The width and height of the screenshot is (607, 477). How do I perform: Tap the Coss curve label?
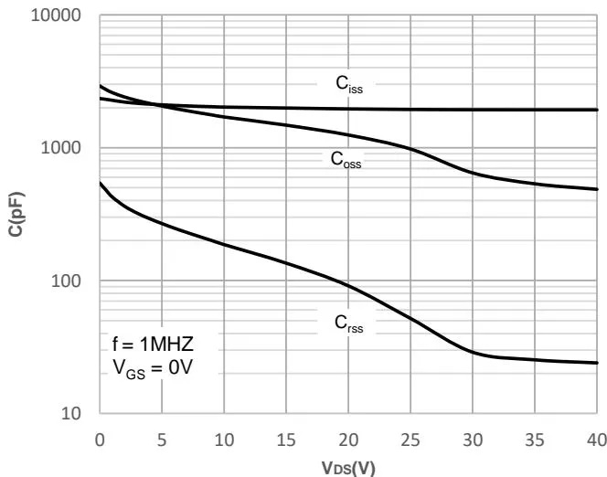(346, 158)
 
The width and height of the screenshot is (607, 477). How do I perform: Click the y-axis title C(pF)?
(16, 214)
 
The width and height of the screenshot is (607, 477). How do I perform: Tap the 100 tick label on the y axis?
(69, 281)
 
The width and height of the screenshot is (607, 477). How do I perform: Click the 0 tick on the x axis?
(100, 438)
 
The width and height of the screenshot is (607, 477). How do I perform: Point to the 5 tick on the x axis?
(162, 438)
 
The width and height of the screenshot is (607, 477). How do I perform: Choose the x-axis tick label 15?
(286, 438)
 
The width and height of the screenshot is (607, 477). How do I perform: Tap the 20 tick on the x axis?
(348, 438)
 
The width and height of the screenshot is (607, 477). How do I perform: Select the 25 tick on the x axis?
(410, 438)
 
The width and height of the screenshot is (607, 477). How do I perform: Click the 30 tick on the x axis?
(473, 438)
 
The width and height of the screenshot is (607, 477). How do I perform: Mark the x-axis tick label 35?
(535, 438)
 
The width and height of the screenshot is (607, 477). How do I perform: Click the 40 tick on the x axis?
(596, 438)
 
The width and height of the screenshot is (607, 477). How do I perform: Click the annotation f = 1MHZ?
(152, 346)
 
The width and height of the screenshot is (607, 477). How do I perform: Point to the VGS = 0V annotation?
(150, 369)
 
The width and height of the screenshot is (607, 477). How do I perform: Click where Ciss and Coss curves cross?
(157, 105)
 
